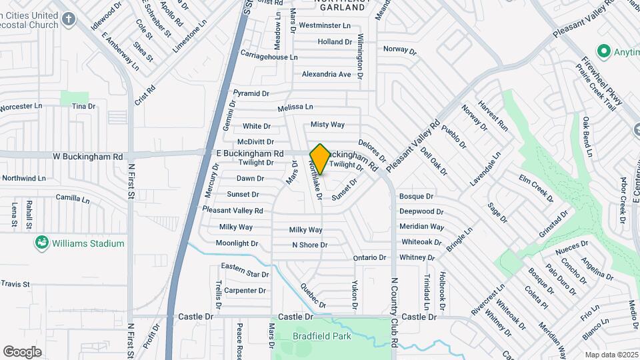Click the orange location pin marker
tap(320, 159)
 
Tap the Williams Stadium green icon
tap(42, 243)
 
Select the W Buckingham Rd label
tap(88, 157)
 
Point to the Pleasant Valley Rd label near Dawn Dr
tap(233, 211)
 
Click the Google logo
tap(23, 351)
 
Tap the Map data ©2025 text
tap(611, 355)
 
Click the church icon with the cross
tap(68, 18)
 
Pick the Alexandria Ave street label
tap(326, 74)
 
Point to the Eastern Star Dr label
tap(245, 271)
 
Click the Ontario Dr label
tap(369, 257)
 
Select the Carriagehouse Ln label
tap(269, 57)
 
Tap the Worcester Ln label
tap(21, 107)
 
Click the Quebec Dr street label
tap(313, 296)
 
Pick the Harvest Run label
tap(493, 117)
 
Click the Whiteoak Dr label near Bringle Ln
tap(421, 242)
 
